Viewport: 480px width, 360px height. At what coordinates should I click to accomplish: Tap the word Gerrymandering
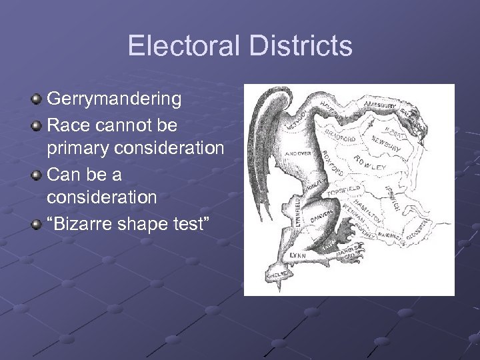pos(114,99)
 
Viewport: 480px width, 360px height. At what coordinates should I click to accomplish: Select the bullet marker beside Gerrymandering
pos(37,99)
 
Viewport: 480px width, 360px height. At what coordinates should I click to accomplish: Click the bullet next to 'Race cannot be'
pos(37,124)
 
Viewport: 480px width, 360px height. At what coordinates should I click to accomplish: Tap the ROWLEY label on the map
pos(370,164)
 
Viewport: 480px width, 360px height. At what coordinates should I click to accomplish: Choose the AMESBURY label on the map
pos(381,105)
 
